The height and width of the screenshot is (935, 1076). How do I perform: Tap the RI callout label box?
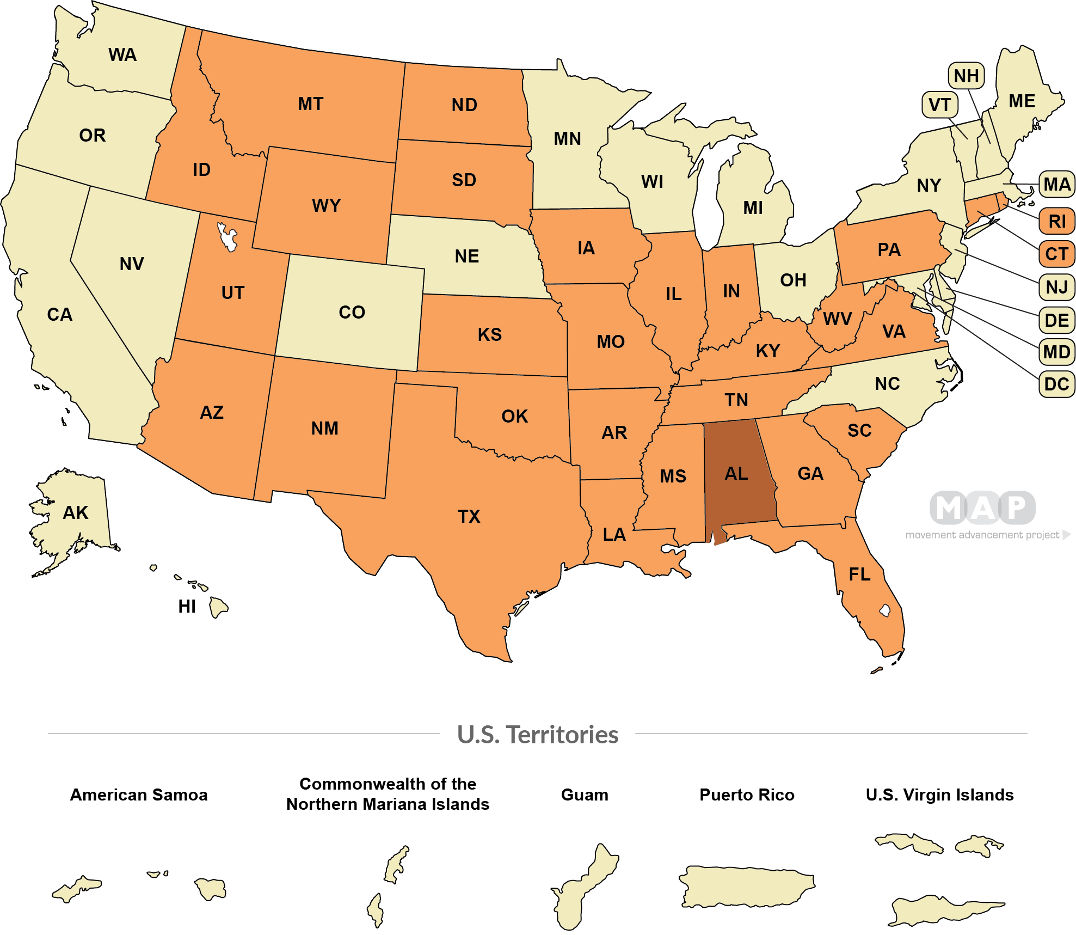coord(1056,222)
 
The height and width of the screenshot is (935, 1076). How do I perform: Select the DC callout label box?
coord(1056,384)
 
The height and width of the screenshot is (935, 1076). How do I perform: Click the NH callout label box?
coord(966,76)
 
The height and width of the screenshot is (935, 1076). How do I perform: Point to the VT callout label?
coord(939,105)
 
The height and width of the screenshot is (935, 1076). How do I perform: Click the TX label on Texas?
coord(469,516)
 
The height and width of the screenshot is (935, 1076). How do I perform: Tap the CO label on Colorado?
coord(352,313)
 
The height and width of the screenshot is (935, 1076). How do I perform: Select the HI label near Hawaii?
coord(187,607)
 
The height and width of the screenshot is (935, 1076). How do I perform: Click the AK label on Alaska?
coord(75,513)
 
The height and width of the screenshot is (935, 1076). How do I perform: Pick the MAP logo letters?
coord(982,508)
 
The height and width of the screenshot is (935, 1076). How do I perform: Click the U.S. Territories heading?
coord(537,735)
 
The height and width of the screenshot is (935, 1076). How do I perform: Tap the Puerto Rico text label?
coord(746,795)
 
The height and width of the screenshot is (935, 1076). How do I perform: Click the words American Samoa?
coord(139,795)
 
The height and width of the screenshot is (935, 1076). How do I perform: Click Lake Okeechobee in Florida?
coord(885,610)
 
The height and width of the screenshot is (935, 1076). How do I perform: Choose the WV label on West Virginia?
coord(837,319)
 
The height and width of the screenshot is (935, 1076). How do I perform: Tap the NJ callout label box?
coord(1056,287)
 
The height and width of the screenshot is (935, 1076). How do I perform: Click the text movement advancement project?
coord(982,535)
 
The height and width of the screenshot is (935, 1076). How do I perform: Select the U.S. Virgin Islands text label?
coord(939,795)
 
